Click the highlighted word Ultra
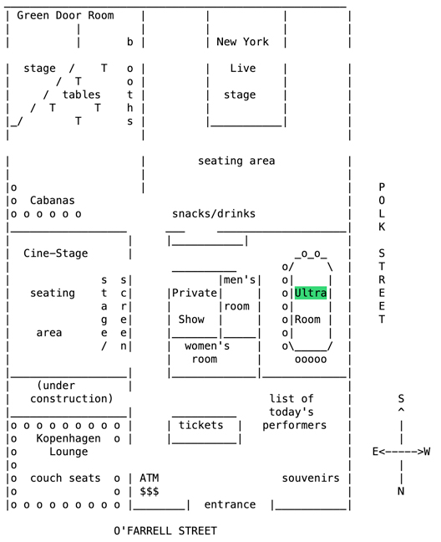311,293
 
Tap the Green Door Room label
65,15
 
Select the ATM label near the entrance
149,478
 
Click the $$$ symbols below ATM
149,491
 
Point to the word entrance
230,504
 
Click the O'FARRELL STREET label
165,530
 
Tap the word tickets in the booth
200,425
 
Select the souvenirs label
311,478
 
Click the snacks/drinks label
214,213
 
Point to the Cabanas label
52,200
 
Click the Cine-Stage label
56,253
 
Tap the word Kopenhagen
68,438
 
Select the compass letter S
401,398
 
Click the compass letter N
401,491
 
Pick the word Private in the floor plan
195,293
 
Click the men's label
240,279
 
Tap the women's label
207,345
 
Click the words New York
242,42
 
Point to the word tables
82,95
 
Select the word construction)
72,398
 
